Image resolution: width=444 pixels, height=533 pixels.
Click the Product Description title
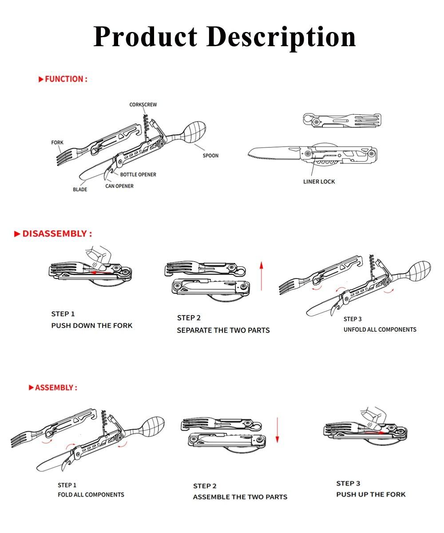point(224,36)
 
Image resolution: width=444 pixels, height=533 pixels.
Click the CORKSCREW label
point(143,105)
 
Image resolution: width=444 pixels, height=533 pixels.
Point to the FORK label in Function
point(57,143)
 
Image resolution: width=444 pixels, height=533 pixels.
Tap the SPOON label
point(210,155)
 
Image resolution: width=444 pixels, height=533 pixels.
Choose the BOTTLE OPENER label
point(138,175)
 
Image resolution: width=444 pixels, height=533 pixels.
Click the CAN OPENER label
point(119,186)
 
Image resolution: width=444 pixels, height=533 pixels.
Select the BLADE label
point(80,190)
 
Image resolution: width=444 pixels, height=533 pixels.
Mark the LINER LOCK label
point(319,182)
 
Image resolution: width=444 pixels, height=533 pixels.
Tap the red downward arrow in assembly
point(277,430)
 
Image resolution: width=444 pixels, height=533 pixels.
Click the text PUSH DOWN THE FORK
point(92,326)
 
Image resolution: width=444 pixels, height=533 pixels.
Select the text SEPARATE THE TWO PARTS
point(223,330)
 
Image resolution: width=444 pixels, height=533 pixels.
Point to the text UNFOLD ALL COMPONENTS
point(380,330)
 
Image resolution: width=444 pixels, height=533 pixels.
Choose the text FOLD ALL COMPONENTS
point(91,495)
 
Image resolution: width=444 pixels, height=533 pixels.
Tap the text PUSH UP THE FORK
point(371,495)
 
